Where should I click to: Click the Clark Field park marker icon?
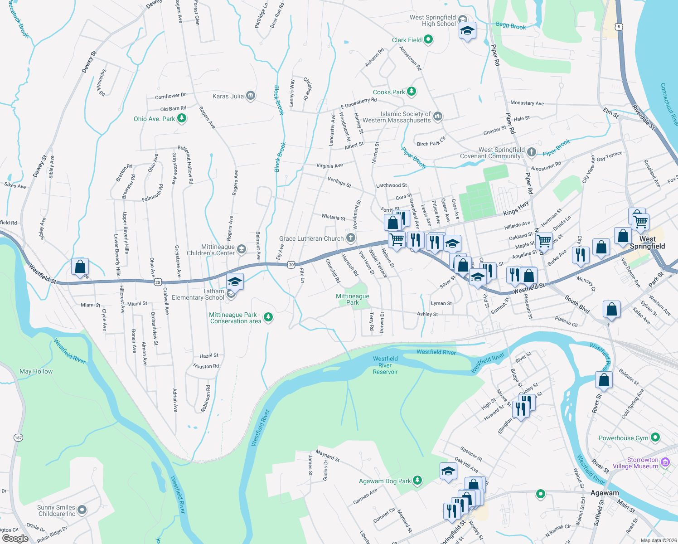[x=428, y=40]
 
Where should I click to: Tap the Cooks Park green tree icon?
[x=411, y=92]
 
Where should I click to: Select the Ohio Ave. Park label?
[x=154, y=119]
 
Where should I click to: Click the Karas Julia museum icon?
[x=251, y=96]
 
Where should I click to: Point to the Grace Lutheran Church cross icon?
[x=350, y=238]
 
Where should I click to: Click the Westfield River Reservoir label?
[x=385, y=365]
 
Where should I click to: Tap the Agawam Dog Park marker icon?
[x=417, y=480]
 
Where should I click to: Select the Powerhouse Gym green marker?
[x=655, y=437]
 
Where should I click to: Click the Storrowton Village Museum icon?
[x=665, y=462]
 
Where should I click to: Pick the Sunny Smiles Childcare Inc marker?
[x=82, y=510]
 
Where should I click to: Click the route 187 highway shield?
[x=18, y=437]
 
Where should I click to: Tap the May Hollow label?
[x=36, y=371]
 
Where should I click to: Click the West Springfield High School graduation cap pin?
[x=467, y=31]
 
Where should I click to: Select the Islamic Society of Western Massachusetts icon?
[x=437, y=117]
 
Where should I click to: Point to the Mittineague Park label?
[x=352, y=299]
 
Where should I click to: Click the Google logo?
[x=15, y=539]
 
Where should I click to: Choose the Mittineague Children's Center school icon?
[x=242, y=249]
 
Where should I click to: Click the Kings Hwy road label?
[x=516, y=209]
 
